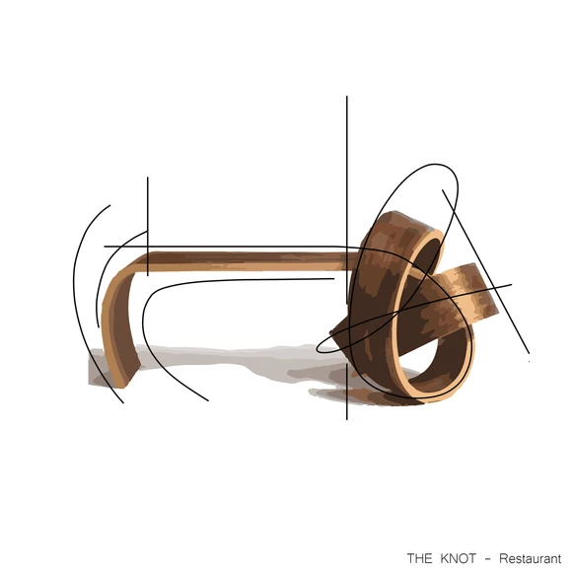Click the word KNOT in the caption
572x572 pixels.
tap(458, 558)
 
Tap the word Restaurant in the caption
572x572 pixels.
tap(530, 558)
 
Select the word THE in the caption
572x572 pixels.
tap(419, 558)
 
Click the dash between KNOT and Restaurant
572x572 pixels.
tap(488, 559)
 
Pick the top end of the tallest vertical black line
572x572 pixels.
tap(347, 97)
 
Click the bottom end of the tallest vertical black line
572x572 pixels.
tap(347, 419)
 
